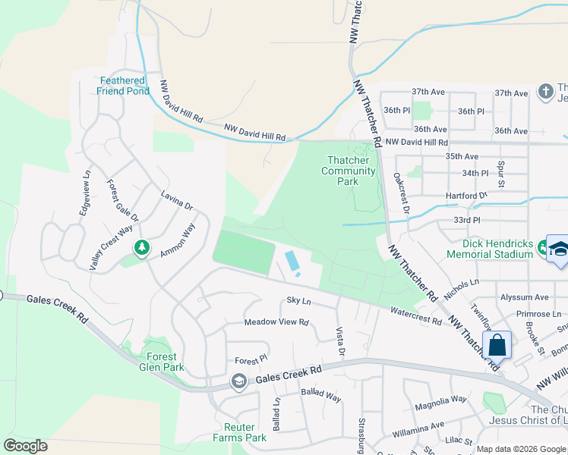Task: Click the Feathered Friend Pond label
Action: pos(123,86)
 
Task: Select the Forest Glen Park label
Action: pos(162,362)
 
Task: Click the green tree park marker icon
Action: pos(141,247)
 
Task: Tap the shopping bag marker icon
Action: pos(497,345)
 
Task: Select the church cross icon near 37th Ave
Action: pos(545,92)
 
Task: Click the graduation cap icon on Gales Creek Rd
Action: pos(238,381)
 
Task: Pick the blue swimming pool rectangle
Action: pos(291,262)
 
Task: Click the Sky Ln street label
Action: pos(299,301)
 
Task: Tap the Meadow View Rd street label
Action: pos(276,322)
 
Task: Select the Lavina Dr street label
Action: pos(177,200)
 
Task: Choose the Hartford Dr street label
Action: pos(466,196)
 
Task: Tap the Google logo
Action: pos(25,446)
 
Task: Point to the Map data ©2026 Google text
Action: pos(520,449)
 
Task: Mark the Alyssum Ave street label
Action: pos(524,297)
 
